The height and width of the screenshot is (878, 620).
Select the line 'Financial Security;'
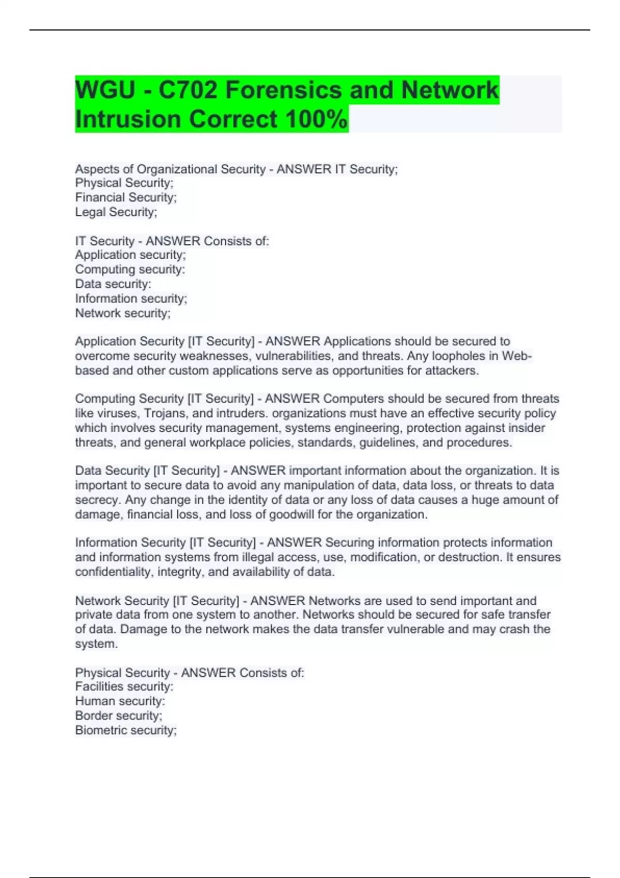[126, 197]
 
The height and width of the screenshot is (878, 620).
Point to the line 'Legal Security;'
[116, 212]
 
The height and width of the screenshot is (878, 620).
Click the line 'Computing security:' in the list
[130, 269]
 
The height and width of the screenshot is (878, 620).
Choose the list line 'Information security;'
[131, 299]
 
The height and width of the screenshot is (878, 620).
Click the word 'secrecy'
[97, 500]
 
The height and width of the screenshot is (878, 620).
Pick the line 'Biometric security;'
[126, 730]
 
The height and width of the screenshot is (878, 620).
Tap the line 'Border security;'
[118, 716]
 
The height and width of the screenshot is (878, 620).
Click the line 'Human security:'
[120, 701]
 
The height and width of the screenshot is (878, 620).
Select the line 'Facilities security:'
[124, 686]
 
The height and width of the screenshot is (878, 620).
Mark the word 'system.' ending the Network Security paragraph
[96, 644]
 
